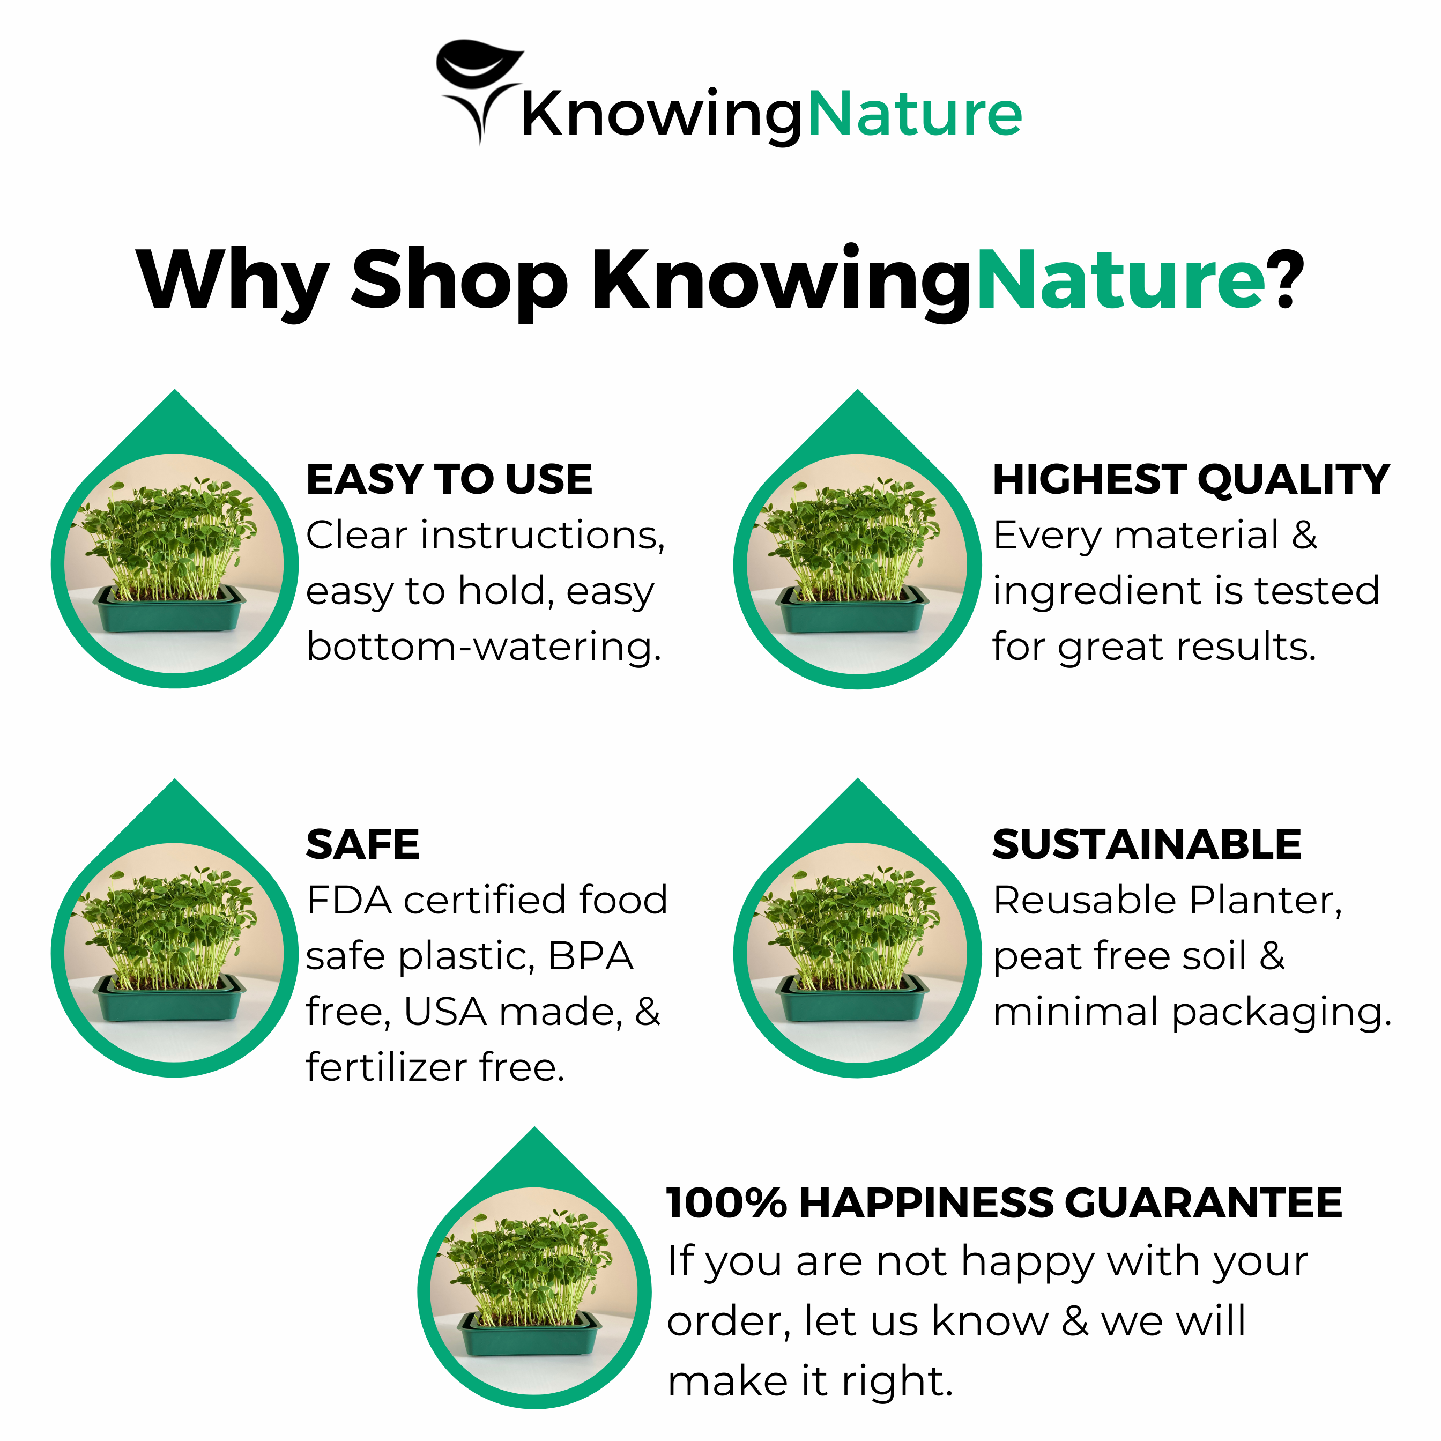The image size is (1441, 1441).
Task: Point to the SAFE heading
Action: coord(362,844)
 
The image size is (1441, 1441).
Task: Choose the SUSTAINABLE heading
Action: coord(1146,844)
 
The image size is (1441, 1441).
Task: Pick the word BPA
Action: coord(590,956)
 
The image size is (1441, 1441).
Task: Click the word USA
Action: coord(445,1012)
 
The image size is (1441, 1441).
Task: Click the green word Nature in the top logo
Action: coord(915,116)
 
